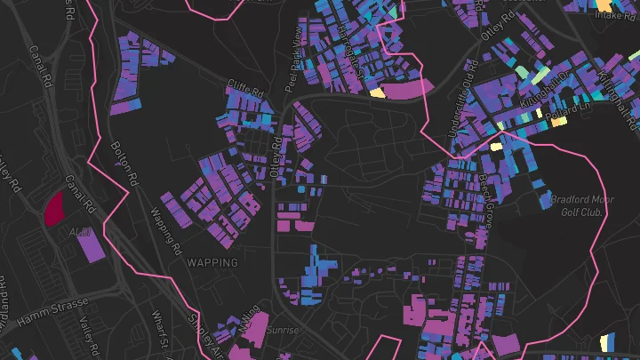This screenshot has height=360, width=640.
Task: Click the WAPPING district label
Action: pos(212,263)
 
